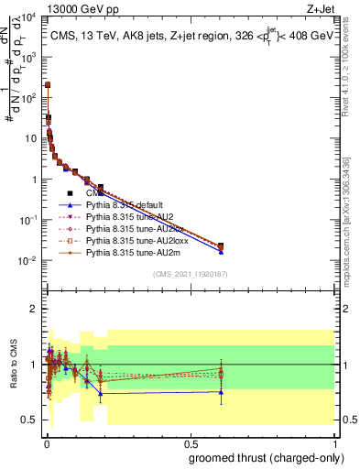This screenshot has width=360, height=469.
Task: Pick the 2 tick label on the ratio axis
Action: click(x=34, y=309)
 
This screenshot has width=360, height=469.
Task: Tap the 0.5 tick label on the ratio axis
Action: click(x=30, y=420)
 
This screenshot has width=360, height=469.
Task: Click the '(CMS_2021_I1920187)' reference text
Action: click(x=190, y=274)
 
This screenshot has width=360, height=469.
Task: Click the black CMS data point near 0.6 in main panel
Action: click(x=220, y=245)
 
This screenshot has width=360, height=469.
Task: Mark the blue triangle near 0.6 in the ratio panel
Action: click(x=220, y=392)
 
